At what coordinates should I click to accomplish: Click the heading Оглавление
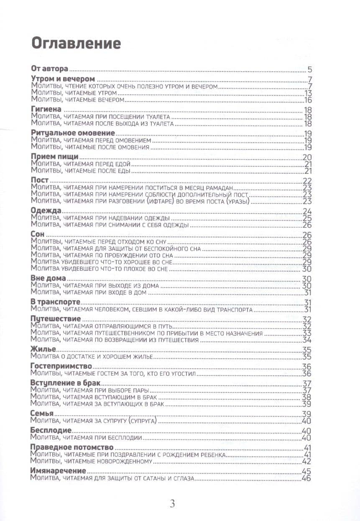76,43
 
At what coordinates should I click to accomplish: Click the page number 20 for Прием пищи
307,157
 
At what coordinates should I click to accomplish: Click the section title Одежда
46,210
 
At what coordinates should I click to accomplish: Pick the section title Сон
38,234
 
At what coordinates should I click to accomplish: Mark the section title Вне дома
48,278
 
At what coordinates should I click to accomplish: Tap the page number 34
307,340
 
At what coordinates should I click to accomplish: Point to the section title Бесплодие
51,430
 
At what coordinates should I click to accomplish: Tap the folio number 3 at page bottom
172,504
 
